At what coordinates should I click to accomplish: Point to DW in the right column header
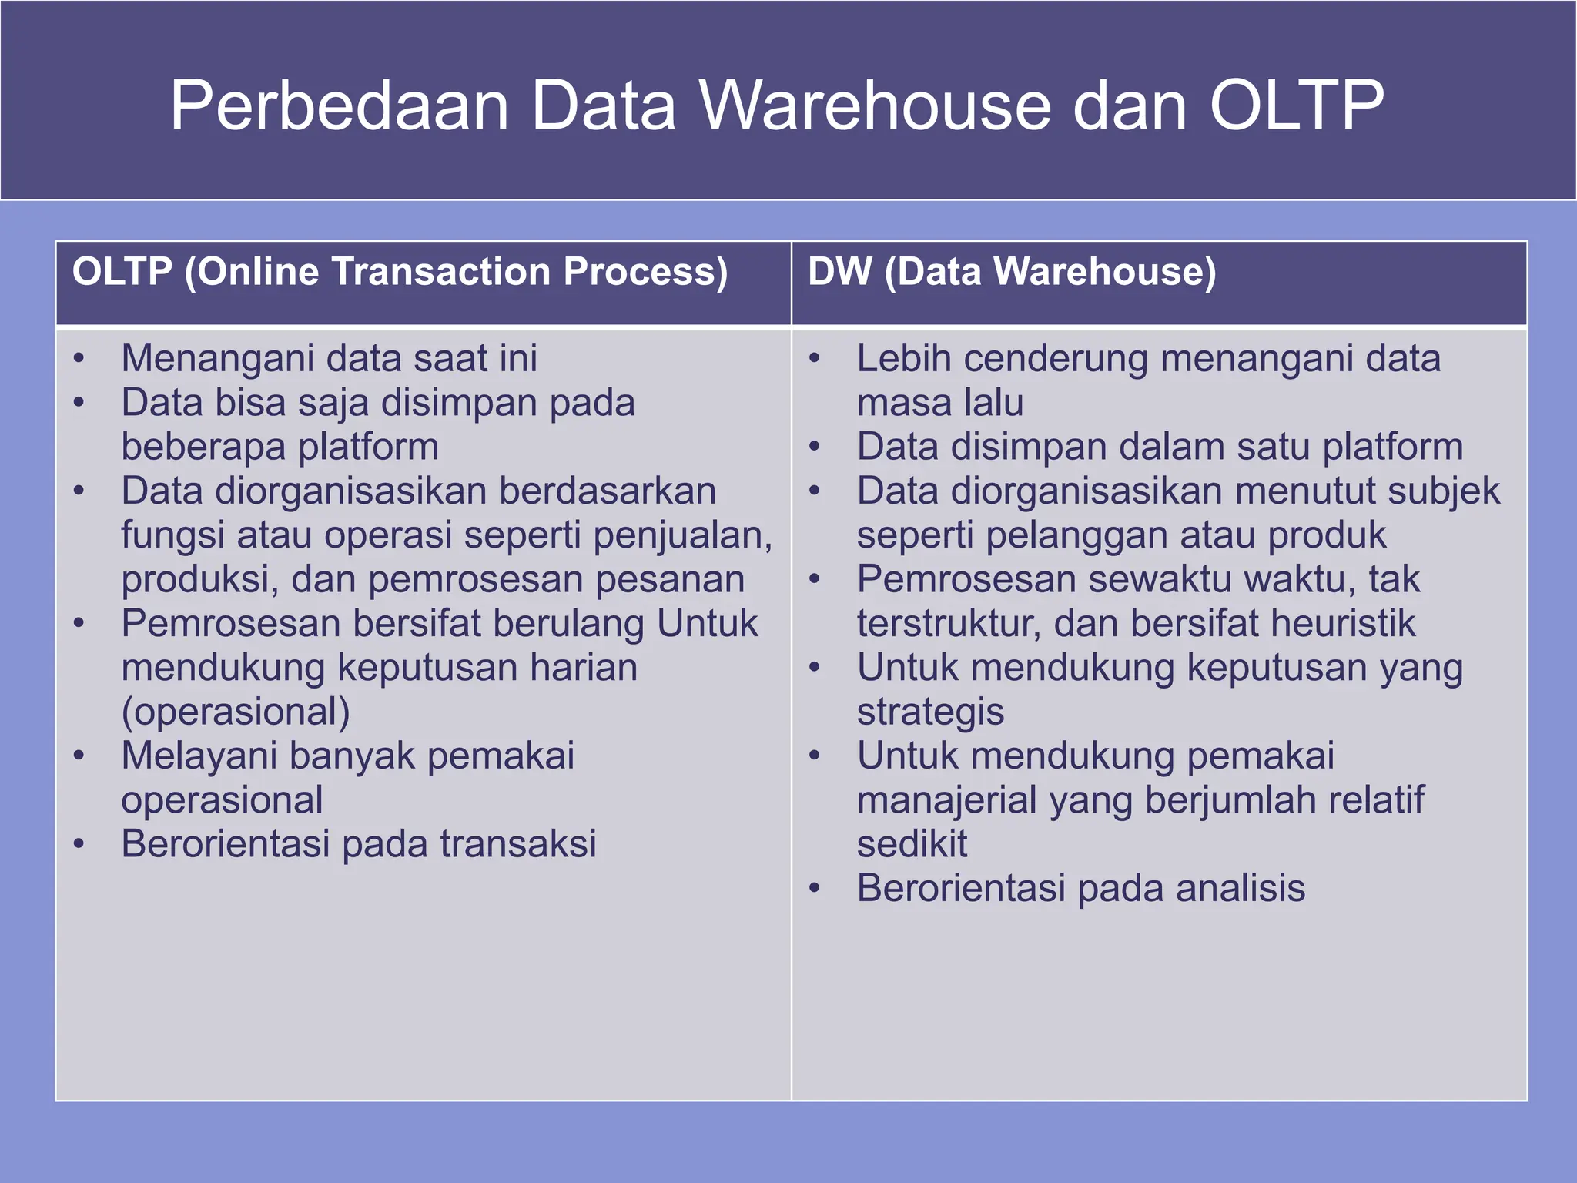pos(839,272)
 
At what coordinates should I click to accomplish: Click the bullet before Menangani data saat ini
pos(79,359)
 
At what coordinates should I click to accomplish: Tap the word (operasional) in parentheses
pos(236,712)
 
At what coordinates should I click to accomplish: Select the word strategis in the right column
pos(930,712)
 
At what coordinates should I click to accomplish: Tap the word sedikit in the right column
pos(912,844)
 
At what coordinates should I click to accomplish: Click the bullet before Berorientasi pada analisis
pos(815,889)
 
